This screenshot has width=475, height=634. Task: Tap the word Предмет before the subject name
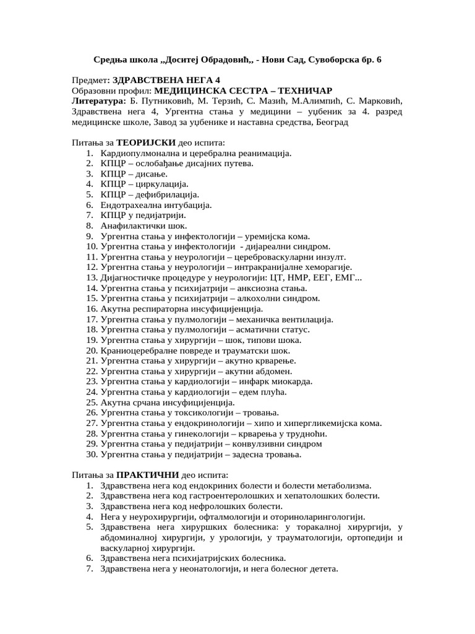click(x=89, y=80)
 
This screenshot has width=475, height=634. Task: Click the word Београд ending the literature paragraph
click(x=332, y=123)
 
